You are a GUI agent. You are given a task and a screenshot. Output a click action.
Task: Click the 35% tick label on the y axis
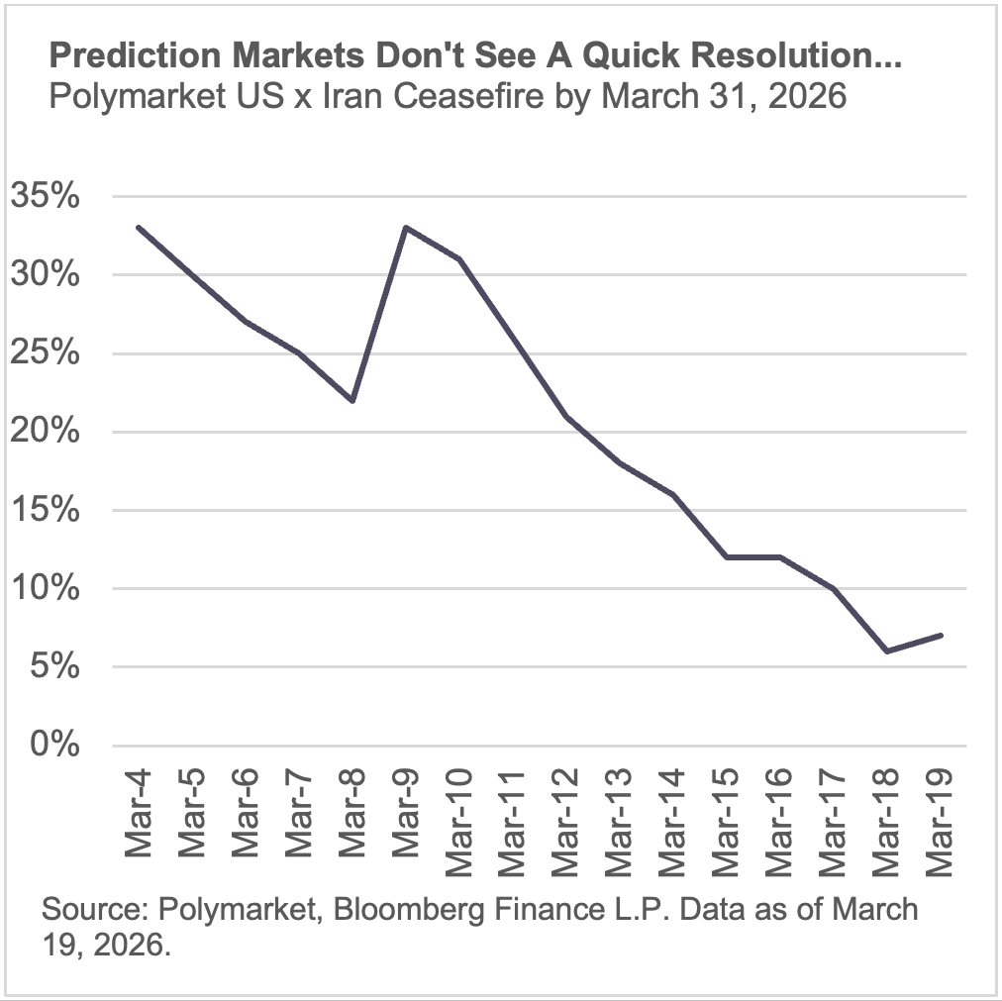(x=45, y=196)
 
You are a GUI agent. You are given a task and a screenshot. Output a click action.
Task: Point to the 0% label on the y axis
(x=52, y=745)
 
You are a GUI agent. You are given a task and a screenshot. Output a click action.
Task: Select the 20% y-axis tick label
(x=45, y=432)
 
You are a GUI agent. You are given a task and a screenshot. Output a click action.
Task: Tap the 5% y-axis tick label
(x=52, y=666)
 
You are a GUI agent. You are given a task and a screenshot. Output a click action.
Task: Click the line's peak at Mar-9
(x=405, y=228)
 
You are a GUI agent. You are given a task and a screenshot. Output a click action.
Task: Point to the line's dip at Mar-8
(x=351, y=400)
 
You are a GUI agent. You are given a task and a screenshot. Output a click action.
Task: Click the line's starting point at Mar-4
(x=138, y=228)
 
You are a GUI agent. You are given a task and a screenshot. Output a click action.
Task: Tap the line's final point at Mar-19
(x=939, y=635)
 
